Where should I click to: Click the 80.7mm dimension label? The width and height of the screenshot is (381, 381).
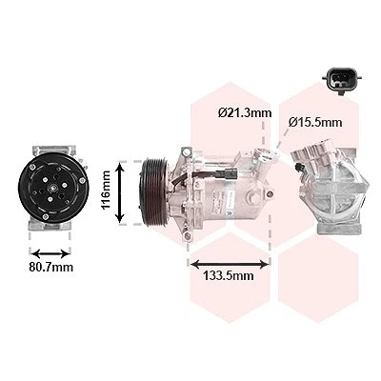tap(51, 267)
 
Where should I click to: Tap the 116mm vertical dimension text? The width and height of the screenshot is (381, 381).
tap(106, 190)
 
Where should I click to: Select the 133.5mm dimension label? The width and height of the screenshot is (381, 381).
tap(229, 275)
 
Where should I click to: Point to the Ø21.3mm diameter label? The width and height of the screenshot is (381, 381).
tap(245, 112)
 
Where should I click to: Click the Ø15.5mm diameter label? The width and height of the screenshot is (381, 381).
tap(315, 122)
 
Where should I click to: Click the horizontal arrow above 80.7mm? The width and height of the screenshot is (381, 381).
tap(50, 253)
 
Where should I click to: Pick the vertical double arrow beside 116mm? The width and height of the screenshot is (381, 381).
tap(120, 192)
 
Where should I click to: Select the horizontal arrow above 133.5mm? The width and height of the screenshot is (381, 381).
tap(230, 264)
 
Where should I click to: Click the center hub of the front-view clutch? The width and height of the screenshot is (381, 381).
tap(51, 189)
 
